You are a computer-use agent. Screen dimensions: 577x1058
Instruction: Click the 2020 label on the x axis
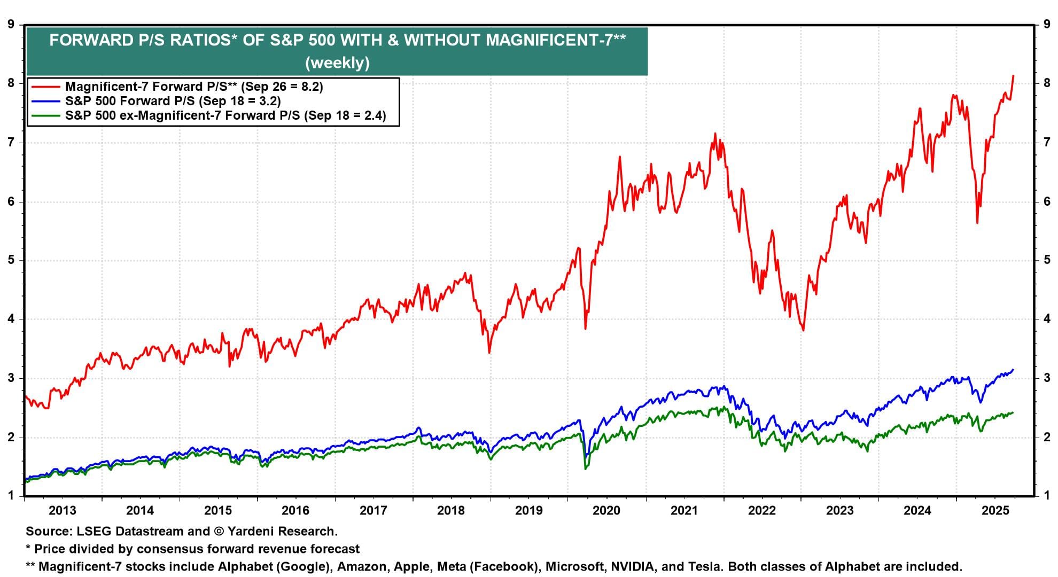pos(606,510)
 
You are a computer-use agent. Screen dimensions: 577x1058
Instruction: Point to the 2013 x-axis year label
pos(63,510)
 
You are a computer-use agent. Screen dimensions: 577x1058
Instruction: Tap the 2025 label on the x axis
pos(995,510)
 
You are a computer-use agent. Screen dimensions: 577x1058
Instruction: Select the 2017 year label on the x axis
pos(373,510)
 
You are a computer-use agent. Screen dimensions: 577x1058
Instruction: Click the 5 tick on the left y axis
pos(11,260)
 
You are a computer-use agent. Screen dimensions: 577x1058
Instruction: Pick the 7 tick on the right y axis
pos(1046,142)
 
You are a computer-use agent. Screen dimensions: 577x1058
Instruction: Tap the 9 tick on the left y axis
pos(11,24)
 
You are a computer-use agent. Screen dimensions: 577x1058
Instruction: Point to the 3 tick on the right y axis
pos(1046,378)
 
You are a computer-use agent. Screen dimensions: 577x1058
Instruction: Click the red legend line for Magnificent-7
pos(45,87)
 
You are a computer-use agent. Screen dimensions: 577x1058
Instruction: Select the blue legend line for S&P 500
pos(45,101)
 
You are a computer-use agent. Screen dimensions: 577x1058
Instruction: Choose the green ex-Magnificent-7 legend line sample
pos(45,115)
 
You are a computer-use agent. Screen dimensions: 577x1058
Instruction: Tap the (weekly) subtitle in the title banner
pos(337,63)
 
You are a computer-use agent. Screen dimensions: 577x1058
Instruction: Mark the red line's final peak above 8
pos(1013,76)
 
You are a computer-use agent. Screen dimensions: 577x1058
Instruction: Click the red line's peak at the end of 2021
pos(715,134)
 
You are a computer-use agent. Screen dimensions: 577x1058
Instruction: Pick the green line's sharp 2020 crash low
pos(586,469)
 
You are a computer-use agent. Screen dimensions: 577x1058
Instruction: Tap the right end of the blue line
pos(1013,370)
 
